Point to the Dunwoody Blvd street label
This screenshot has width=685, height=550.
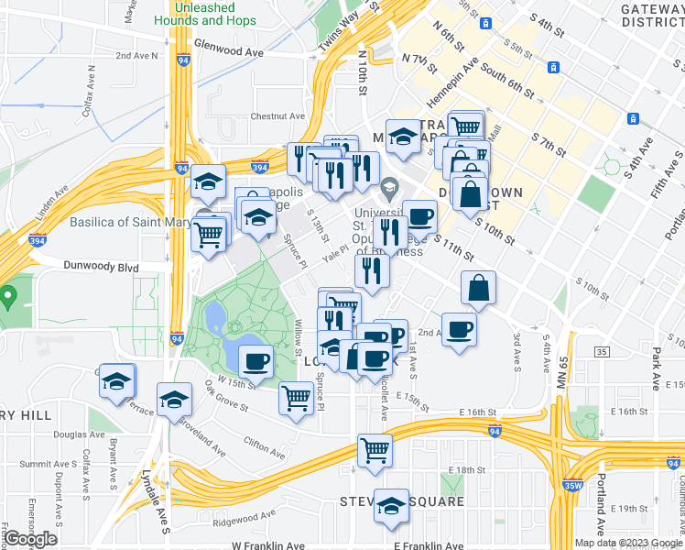pos(101,267)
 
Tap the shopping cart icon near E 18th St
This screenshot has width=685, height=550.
pos(375,450)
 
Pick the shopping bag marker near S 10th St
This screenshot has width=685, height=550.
pos(478,287)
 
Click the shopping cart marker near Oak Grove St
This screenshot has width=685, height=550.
pos(296,399)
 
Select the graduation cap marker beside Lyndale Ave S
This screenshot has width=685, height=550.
pos(174,400)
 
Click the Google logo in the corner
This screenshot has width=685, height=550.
pos(29,539)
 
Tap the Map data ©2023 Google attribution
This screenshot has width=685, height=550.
pos(626,543)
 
